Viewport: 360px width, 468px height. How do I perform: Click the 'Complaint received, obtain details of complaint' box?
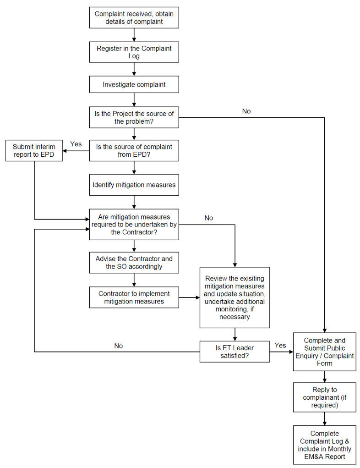point(134,17)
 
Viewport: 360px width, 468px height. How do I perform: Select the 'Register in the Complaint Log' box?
point(134,52)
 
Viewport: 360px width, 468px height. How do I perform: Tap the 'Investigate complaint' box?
point(134,84)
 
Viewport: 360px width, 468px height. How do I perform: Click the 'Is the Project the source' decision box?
point(134,117)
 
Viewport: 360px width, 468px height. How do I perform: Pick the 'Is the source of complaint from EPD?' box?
point(134,150)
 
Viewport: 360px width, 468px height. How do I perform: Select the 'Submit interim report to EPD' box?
point(34,150)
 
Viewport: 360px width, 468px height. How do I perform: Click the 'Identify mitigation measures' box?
point(134,185)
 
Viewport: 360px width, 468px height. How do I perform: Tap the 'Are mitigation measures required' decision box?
point(134,225)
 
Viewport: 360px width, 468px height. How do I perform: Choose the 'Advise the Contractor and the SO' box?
point(134,263)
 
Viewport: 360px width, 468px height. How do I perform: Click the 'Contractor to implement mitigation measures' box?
point(134,297)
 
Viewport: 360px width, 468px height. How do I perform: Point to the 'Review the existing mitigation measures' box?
point(235,297)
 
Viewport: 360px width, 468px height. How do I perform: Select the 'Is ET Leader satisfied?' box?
point(235,352)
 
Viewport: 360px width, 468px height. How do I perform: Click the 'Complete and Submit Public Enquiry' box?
point(325,352)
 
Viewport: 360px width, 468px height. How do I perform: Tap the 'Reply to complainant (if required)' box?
point(325,397)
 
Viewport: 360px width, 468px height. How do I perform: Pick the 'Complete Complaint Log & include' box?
point(325,445)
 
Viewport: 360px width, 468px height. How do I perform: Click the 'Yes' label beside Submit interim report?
point(76,144)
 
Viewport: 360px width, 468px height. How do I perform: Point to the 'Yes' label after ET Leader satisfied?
point(280,345)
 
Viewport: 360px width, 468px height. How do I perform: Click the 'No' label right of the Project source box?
point(246,111)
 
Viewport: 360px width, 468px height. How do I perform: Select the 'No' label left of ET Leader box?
point(119,346)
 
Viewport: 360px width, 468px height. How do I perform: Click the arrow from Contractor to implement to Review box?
point(190,297)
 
